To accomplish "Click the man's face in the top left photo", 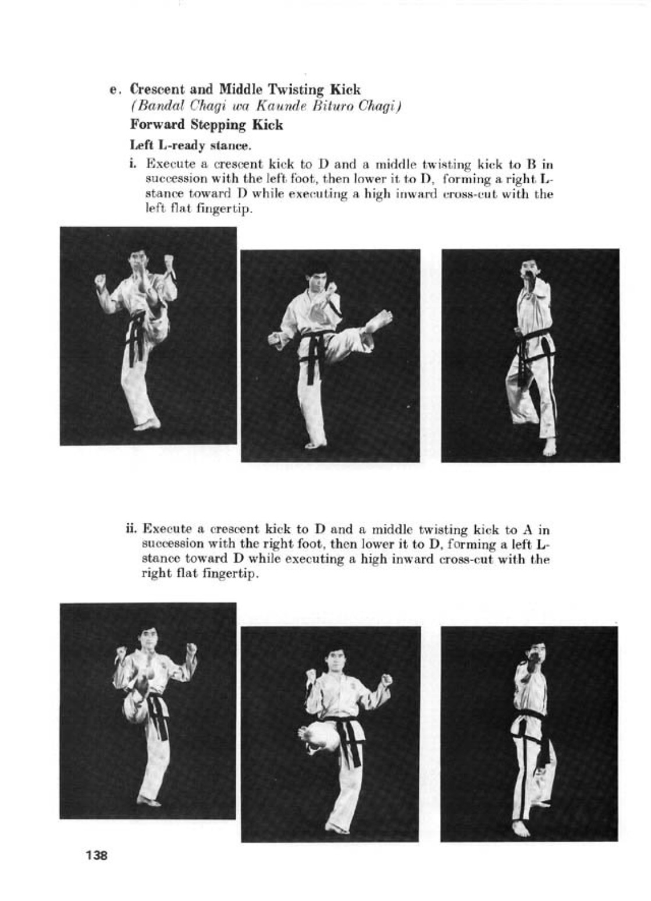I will (138, 260).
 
